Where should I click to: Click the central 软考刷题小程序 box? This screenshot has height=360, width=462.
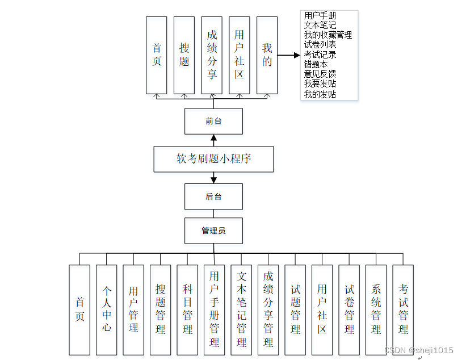[213, 159]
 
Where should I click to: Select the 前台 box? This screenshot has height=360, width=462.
[213, 121]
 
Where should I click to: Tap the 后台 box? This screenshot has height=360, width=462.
[213, 196]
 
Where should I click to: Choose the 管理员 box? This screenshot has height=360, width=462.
[213, 231]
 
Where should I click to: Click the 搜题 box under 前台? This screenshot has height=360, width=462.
[184, 55]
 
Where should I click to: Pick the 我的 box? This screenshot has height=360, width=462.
[267, 55]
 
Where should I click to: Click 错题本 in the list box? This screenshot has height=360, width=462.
[316, 64]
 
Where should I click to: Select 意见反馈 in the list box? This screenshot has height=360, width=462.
[320, 74]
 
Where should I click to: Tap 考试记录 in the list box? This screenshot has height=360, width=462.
[320, 55]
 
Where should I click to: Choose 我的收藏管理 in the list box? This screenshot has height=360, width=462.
[327, 35]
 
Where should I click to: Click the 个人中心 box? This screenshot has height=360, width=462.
[107, 309]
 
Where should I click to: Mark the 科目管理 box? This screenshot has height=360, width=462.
[187, 309]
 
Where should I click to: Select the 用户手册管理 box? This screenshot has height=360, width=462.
[215, 309]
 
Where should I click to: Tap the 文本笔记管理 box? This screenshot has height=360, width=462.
[241, 309]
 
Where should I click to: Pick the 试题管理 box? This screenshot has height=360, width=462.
[295, 309]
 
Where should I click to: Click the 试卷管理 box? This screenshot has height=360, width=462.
[349, 309]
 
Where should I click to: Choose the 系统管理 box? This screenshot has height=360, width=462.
[376, 309]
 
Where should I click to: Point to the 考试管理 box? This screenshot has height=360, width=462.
[403, 309]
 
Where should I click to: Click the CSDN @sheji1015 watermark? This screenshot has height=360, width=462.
[418, 350]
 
